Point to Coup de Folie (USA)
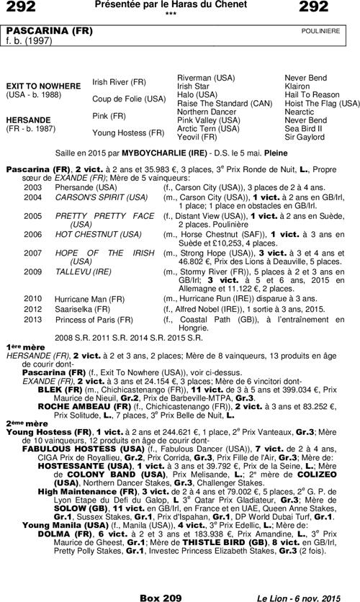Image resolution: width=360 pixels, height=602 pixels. (129, 99)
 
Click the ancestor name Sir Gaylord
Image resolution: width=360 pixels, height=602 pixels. (304, 136)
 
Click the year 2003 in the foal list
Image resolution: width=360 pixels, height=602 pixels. (33, 186)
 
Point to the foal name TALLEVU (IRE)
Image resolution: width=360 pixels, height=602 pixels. (83, 273)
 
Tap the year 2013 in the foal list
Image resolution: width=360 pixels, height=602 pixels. (33, 319)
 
